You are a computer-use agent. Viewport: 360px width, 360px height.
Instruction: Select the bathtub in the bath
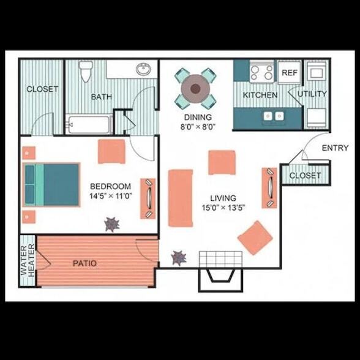coord(89,125)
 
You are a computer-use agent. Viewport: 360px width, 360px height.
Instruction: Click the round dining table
coord(195,88)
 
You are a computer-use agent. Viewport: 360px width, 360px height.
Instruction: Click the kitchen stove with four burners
coord(261,72)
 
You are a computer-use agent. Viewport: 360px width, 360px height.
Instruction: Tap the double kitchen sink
coord(272,115)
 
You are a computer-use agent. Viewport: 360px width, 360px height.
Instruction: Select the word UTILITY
coord(312,94)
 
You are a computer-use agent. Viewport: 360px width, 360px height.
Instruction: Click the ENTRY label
coord(334,148)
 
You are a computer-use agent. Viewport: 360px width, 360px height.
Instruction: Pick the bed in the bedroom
coord(52,184)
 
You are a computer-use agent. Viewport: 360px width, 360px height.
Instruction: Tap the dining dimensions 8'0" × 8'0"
coord(197,127)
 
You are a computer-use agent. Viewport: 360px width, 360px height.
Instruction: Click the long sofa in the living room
coord(181,198)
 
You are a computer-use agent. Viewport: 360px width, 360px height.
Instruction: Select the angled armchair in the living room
coord(255,237)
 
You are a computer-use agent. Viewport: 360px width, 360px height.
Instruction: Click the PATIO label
coord(84,263)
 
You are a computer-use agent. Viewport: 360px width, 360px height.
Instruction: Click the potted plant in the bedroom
coord(111,225)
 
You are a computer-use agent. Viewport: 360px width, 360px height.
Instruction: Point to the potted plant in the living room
coord(179,257)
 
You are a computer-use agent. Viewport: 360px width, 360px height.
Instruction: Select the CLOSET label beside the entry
coord(304,176)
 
